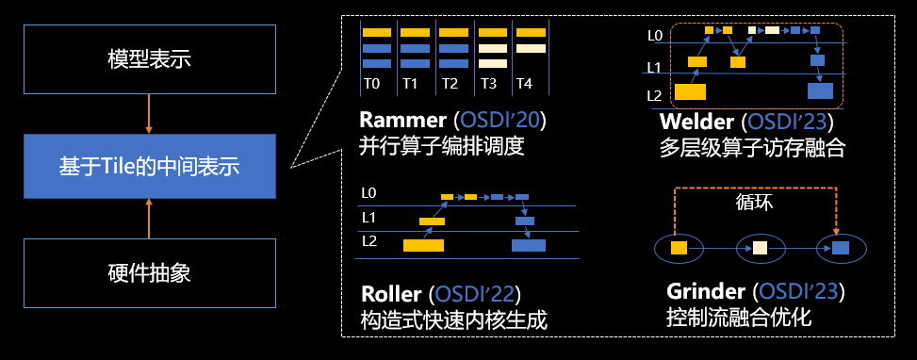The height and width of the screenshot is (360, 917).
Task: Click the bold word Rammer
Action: [403, 121]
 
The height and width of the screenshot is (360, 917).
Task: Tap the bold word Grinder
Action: [706, 292]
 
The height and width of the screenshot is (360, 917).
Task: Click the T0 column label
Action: [372, 84]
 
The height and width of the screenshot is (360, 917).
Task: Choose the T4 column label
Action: [524, 84]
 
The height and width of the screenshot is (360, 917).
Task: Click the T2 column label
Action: [449, 84]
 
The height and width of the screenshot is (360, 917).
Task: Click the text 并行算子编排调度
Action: [440, 146]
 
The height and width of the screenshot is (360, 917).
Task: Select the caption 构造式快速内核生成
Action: [453, 319]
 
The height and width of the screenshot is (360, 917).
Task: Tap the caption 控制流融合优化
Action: [739, 319]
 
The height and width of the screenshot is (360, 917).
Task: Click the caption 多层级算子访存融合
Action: [753, 147]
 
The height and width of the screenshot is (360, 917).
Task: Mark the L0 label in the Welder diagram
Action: [655, 36]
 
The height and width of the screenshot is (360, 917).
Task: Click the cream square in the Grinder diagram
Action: [760, 248]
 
